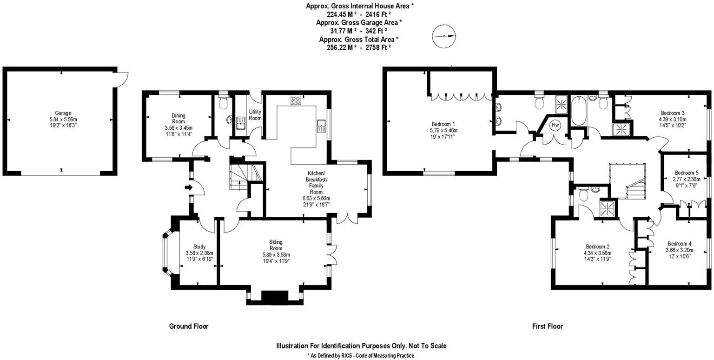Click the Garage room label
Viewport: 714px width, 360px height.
click(x=63, y=113)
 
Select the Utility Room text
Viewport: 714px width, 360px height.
click(x=255, y=115)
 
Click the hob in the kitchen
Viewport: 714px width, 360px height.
click(x=295, y=100)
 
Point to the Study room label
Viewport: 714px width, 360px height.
click(x=199, y=247)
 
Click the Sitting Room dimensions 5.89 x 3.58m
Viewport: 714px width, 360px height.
click(x=276, y=254)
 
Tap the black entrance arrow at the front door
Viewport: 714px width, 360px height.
click(x=188, y=187)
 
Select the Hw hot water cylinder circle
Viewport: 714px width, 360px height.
click(x=555, y=125)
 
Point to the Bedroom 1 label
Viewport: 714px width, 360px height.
click(x=443, y=124)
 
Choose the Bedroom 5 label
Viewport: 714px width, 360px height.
click(x=687, y=173)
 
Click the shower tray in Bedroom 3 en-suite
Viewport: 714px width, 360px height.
click(x=621, y=129)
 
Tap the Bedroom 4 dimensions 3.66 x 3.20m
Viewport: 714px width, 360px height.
click(x=679, y=250)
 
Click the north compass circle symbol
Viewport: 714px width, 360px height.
click(x=443, y=36)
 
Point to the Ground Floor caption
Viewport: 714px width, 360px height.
click(x=189, y=326)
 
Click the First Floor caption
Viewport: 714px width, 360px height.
click(x=547, y=326)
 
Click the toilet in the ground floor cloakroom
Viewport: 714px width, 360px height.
click(x=224, y=102)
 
